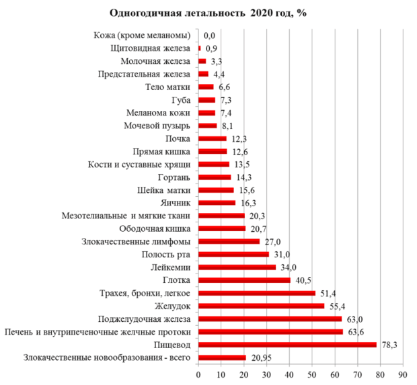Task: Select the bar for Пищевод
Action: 287,345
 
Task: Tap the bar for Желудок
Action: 261,306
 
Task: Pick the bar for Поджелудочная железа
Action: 270,318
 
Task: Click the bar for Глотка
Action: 244,280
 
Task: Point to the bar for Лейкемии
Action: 237,267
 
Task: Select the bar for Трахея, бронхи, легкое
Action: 256,293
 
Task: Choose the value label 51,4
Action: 328,293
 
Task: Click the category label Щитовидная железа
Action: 152,48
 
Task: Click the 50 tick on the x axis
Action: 311,374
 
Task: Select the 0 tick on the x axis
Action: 198,374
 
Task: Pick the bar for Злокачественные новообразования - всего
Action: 222,357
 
